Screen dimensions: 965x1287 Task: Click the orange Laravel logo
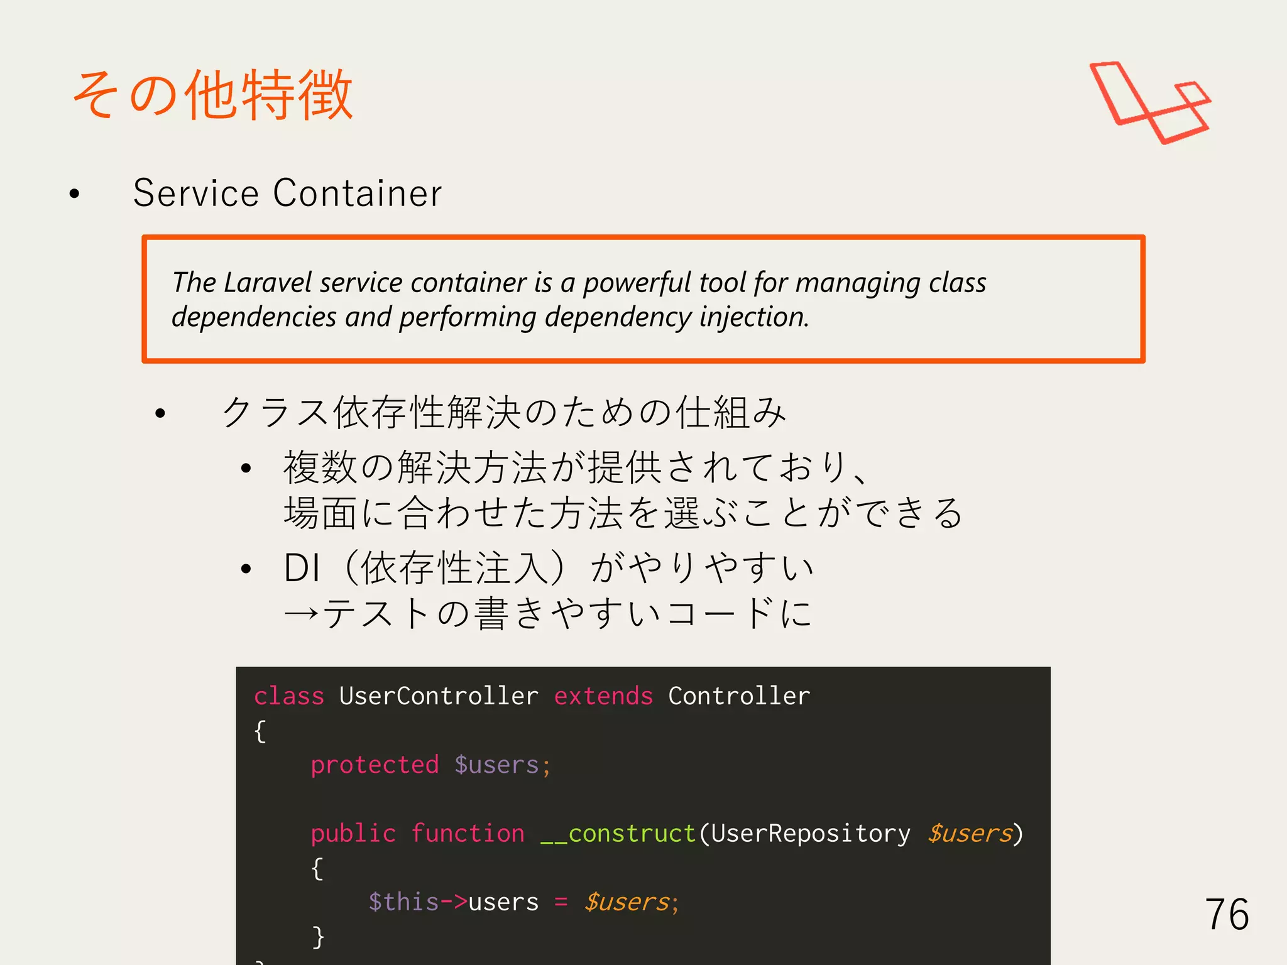[1150, 102]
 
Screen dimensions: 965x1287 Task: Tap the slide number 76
[1227, 914]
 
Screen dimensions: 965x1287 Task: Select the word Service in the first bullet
[195, 193]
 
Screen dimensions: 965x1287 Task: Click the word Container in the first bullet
[358, 193]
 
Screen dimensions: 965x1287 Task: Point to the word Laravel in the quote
[268, 283]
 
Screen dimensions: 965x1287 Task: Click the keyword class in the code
[289, 696]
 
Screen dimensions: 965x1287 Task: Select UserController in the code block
[439, 696]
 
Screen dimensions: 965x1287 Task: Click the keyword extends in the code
[603, 696]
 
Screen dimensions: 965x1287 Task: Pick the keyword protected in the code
[375, 765]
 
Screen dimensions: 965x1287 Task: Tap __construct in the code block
[618, 834]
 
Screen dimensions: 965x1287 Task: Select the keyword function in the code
[468, 834]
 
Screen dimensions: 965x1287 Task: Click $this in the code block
[403, 902]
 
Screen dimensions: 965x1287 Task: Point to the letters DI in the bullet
[302, 568]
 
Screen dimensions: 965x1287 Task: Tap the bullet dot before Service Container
[75, 194]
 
